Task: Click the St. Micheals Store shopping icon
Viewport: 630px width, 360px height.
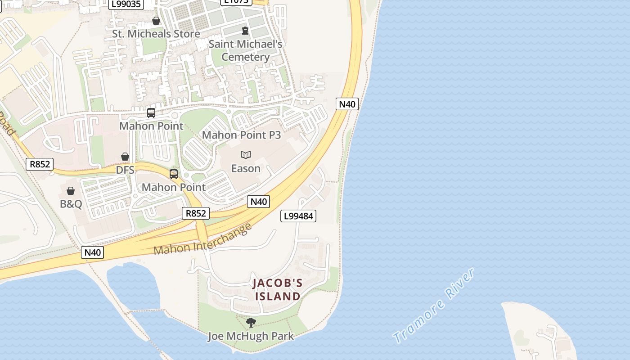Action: (156, 21)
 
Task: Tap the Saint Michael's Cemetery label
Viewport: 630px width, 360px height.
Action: (245, 50)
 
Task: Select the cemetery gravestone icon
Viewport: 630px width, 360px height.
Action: (245, 31)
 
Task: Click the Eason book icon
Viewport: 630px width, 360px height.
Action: (245, 155)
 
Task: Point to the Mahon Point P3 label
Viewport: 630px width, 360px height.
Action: (241, 135)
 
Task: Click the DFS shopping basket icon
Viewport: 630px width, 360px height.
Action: (125, 157)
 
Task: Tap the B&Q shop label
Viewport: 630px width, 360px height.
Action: (71, 204)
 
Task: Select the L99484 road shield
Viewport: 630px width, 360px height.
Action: (298, 216)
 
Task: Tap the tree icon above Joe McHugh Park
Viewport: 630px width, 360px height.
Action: (251, 322)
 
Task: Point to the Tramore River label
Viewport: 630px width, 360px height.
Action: (433, 306)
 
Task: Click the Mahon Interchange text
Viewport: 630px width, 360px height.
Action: (202, 239)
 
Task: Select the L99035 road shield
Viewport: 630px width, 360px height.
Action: (126, 4)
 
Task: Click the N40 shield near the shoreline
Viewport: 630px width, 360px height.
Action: (347, 104)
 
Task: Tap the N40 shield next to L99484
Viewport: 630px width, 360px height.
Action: (258, 202)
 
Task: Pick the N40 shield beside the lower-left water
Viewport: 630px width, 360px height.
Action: (93, 252)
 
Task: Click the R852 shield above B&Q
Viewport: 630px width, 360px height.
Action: (40, 164)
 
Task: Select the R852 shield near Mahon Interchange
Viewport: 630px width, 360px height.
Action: (196, 213)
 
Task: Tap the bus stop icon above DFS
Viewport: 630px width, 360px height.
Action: (151, 113)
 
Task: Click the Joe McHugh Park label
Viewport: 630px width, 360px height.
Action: (251, 336)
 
